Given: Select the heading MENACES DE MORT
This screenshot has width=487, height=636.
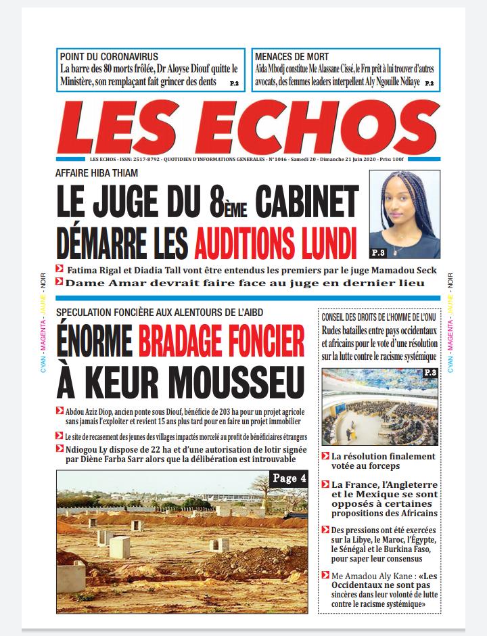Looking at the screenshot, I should pos(292,57).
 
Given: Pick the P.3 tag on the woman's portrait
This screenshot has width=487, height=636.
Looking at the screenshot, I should pos(379,252).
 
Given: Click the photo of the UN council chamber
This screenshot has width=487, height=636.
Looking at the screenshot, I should pos(380,406).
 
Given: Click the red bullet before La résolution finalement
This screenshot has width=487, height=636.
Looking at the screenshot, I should pos(325,457).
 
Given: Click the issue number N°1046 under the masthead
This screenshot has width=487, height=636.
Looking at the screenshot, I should pos(280,158).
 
